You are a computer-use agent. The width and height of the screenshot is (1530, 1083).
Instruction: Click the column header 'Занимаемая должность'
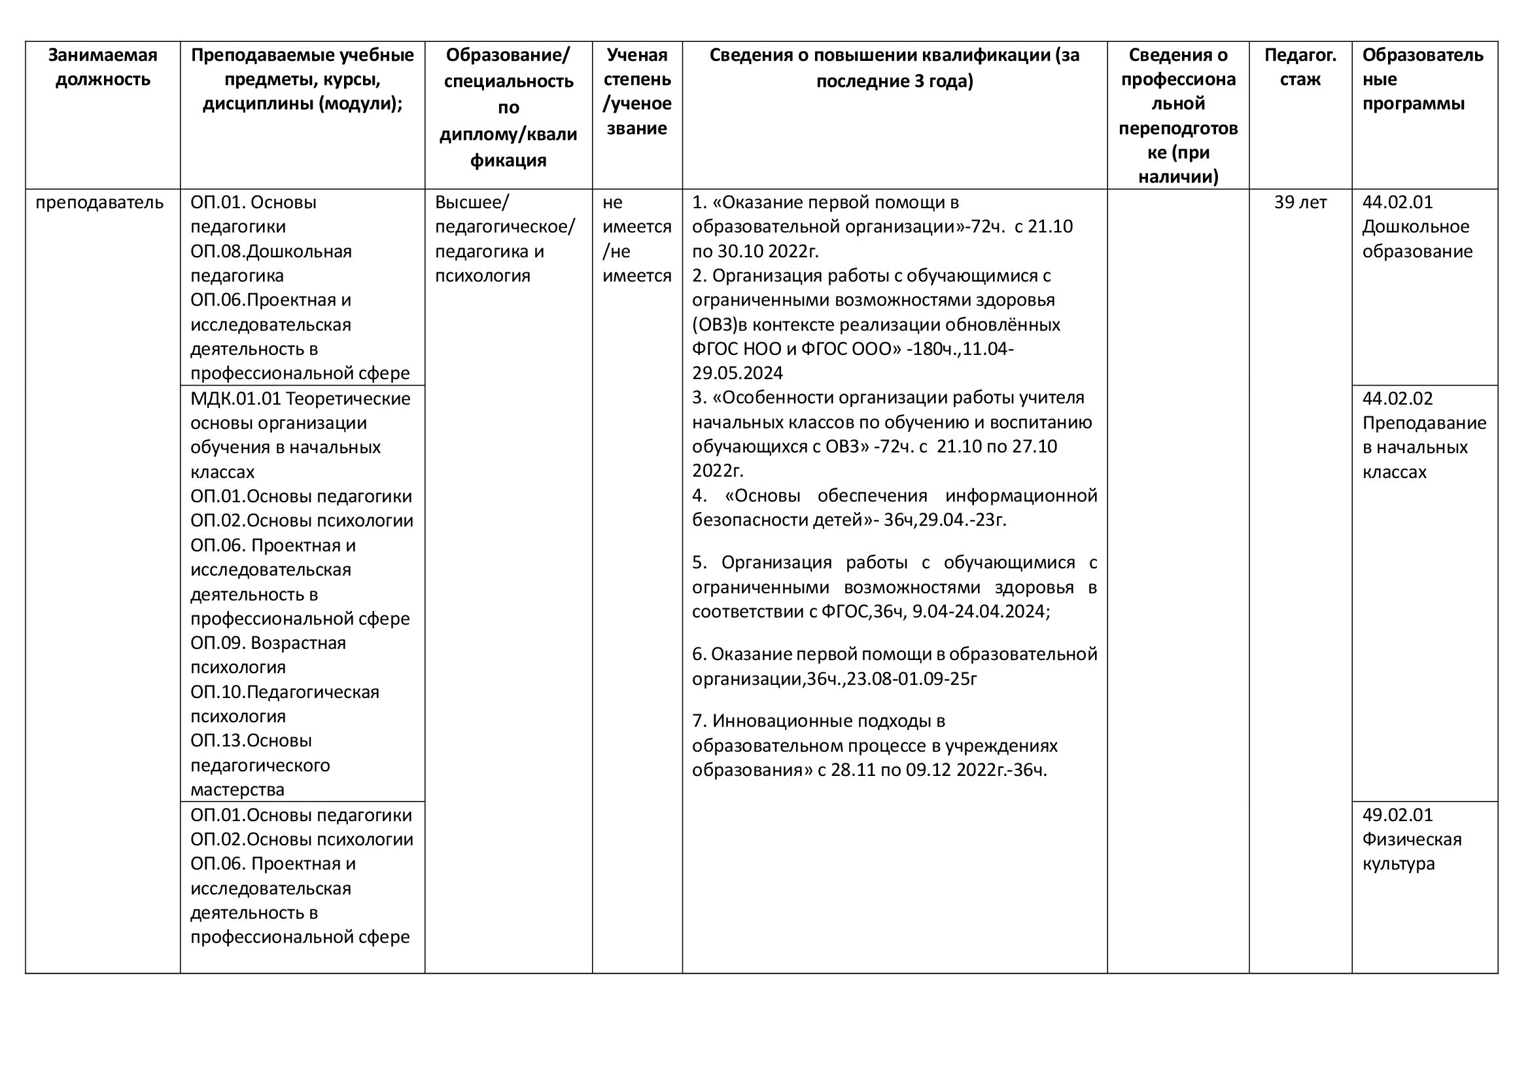(103, 67)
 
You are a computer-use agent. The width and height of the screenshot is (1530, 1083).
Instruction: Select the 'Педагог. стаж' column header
(1300, 67)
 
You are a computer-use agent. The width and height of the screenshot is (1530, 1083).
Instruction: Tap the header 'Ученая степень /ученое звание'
(636, 92)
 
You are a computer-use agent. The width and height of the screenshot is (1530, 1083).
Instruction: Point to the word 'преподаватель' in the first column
(99, 202)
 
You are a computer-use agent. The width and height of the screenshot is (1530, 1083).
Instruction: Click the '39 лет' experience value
(1300, 202)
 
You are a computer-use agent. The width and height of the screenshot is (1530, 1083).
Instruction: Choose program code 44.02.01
(1397, 202)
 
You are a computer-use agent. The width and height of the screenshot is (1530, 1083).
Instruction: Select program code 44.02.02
(1397, 399)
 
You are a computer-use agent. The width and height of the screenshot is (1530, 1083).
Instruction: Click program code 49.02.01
(1397, 815)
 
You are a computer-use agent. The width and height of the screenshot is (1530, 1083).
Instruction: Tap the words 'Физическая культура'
(1412, 852)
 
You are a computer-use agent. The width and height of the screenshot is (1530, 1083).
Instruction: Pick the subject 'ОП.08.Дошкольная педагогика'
(271, 263)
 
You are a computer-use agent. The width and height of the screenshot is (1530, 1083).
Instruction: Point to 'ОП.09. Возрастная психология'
(268, 655)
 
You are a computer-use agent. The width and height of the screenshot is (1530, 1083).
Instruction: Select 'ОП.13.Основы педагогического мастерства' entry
(260, 765)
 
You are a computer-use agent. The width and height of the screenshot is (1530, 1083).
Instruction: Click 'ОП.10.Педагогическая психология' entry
(285, 703)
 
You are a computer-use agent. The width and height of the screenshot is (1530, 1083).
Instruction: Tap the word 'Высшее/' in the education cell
(471, 202)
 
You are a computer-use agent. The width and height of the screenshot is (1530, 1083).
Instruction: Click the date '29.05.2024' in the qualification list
(737, 373)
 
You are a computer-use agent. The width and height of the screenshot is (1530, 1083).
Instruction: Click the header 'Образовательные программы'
(1422, 79)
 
